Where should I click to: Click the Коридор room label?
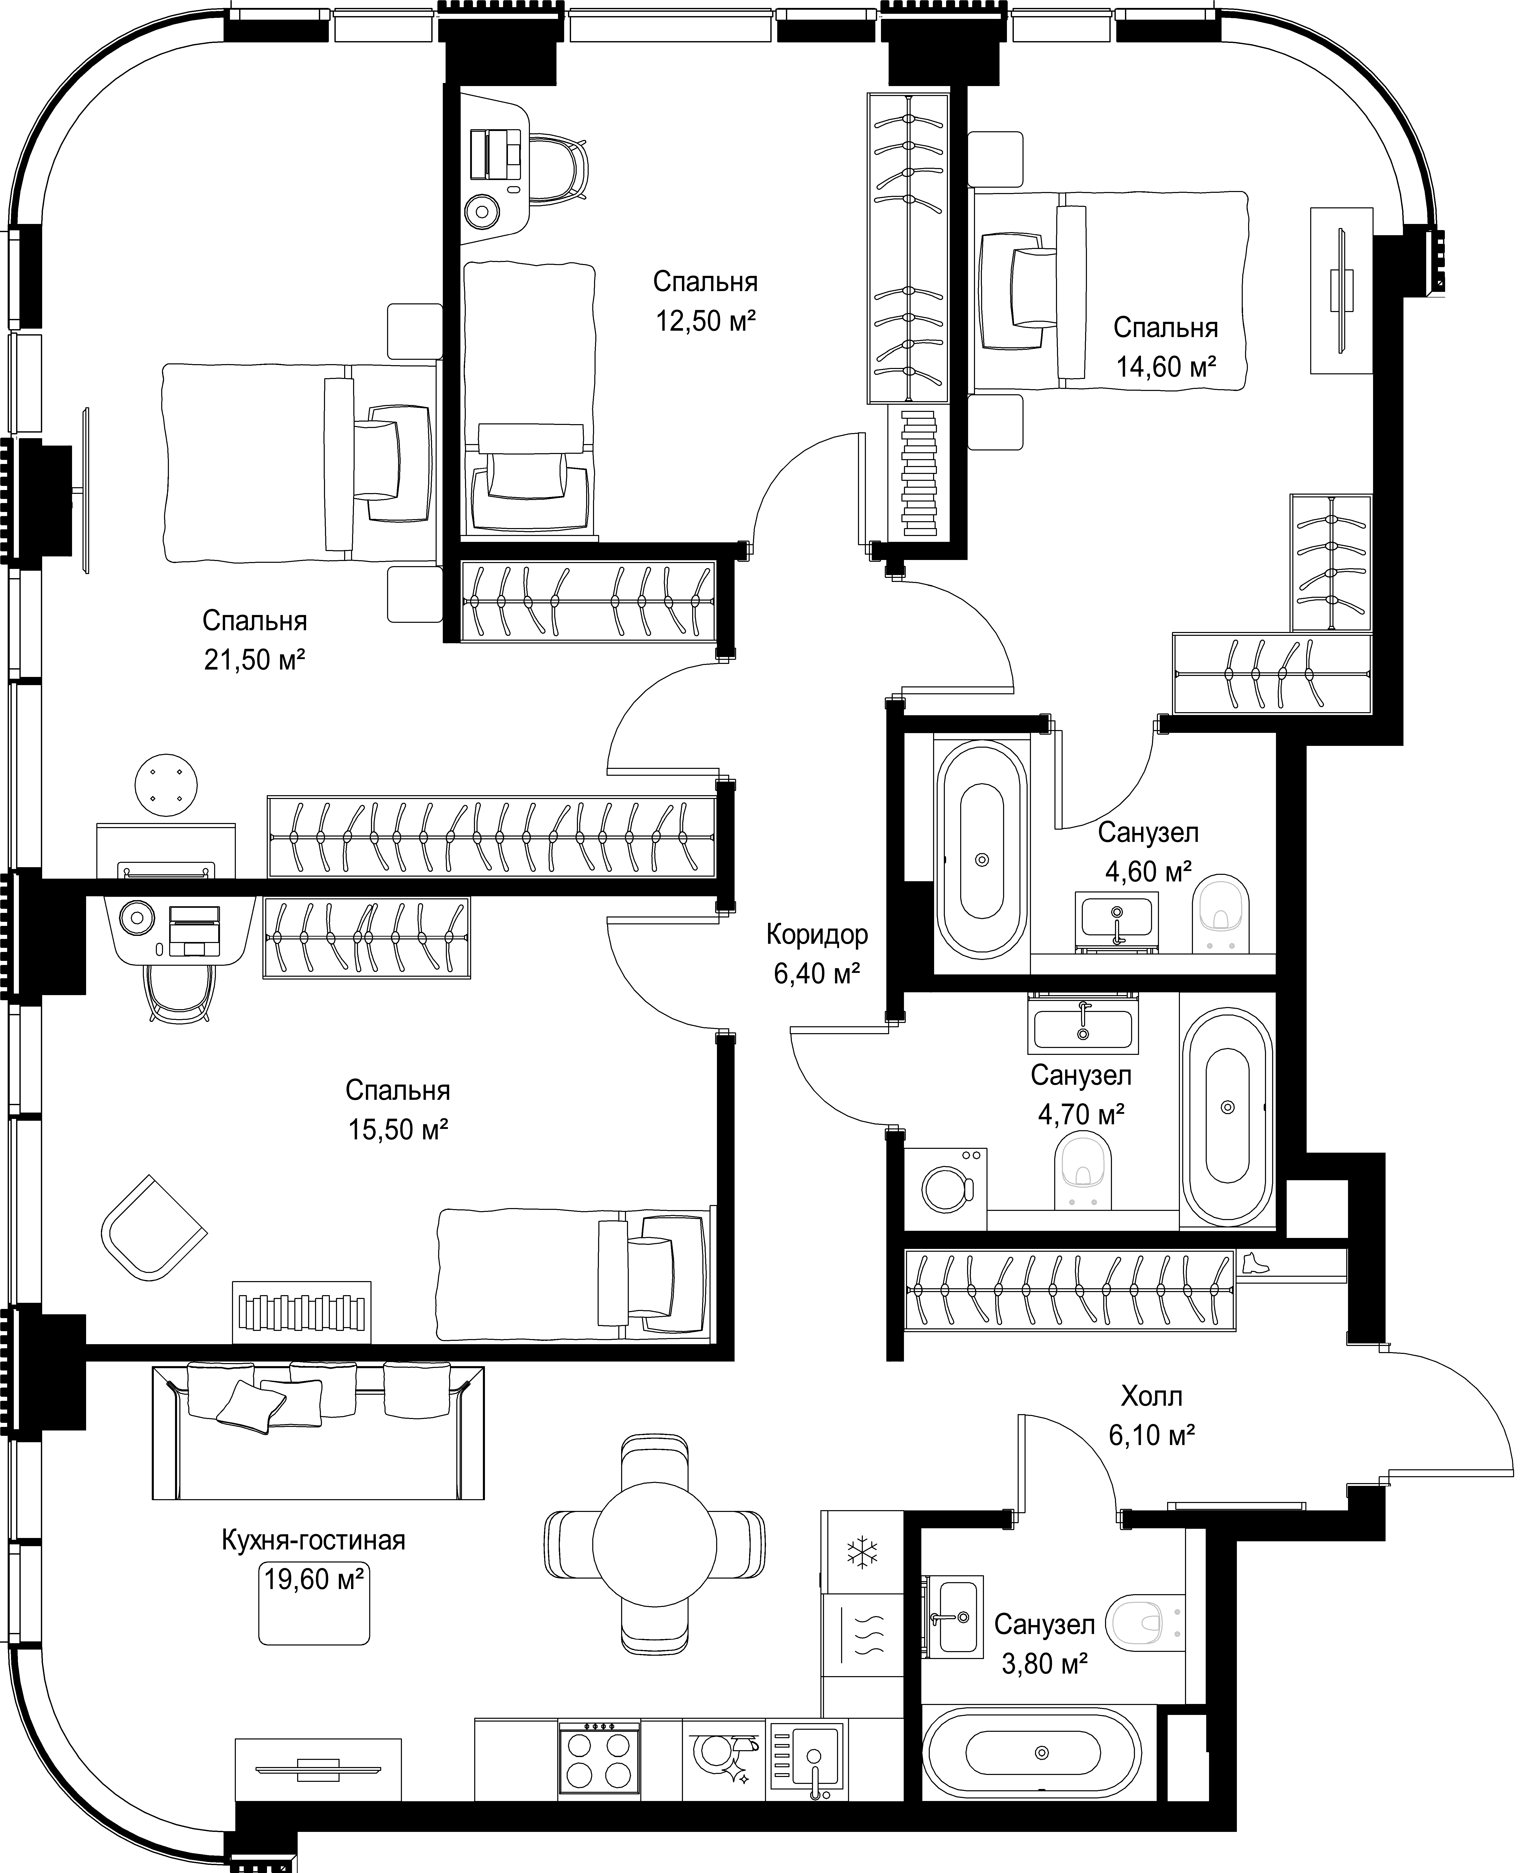tap(817, 934)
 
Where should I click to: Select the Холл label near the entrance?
tap(1152, 1396)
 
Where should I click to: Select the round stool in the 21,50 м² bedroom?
tap(166, 785)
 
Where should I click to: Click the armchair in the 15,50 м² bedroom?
tap(155, 1227)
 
